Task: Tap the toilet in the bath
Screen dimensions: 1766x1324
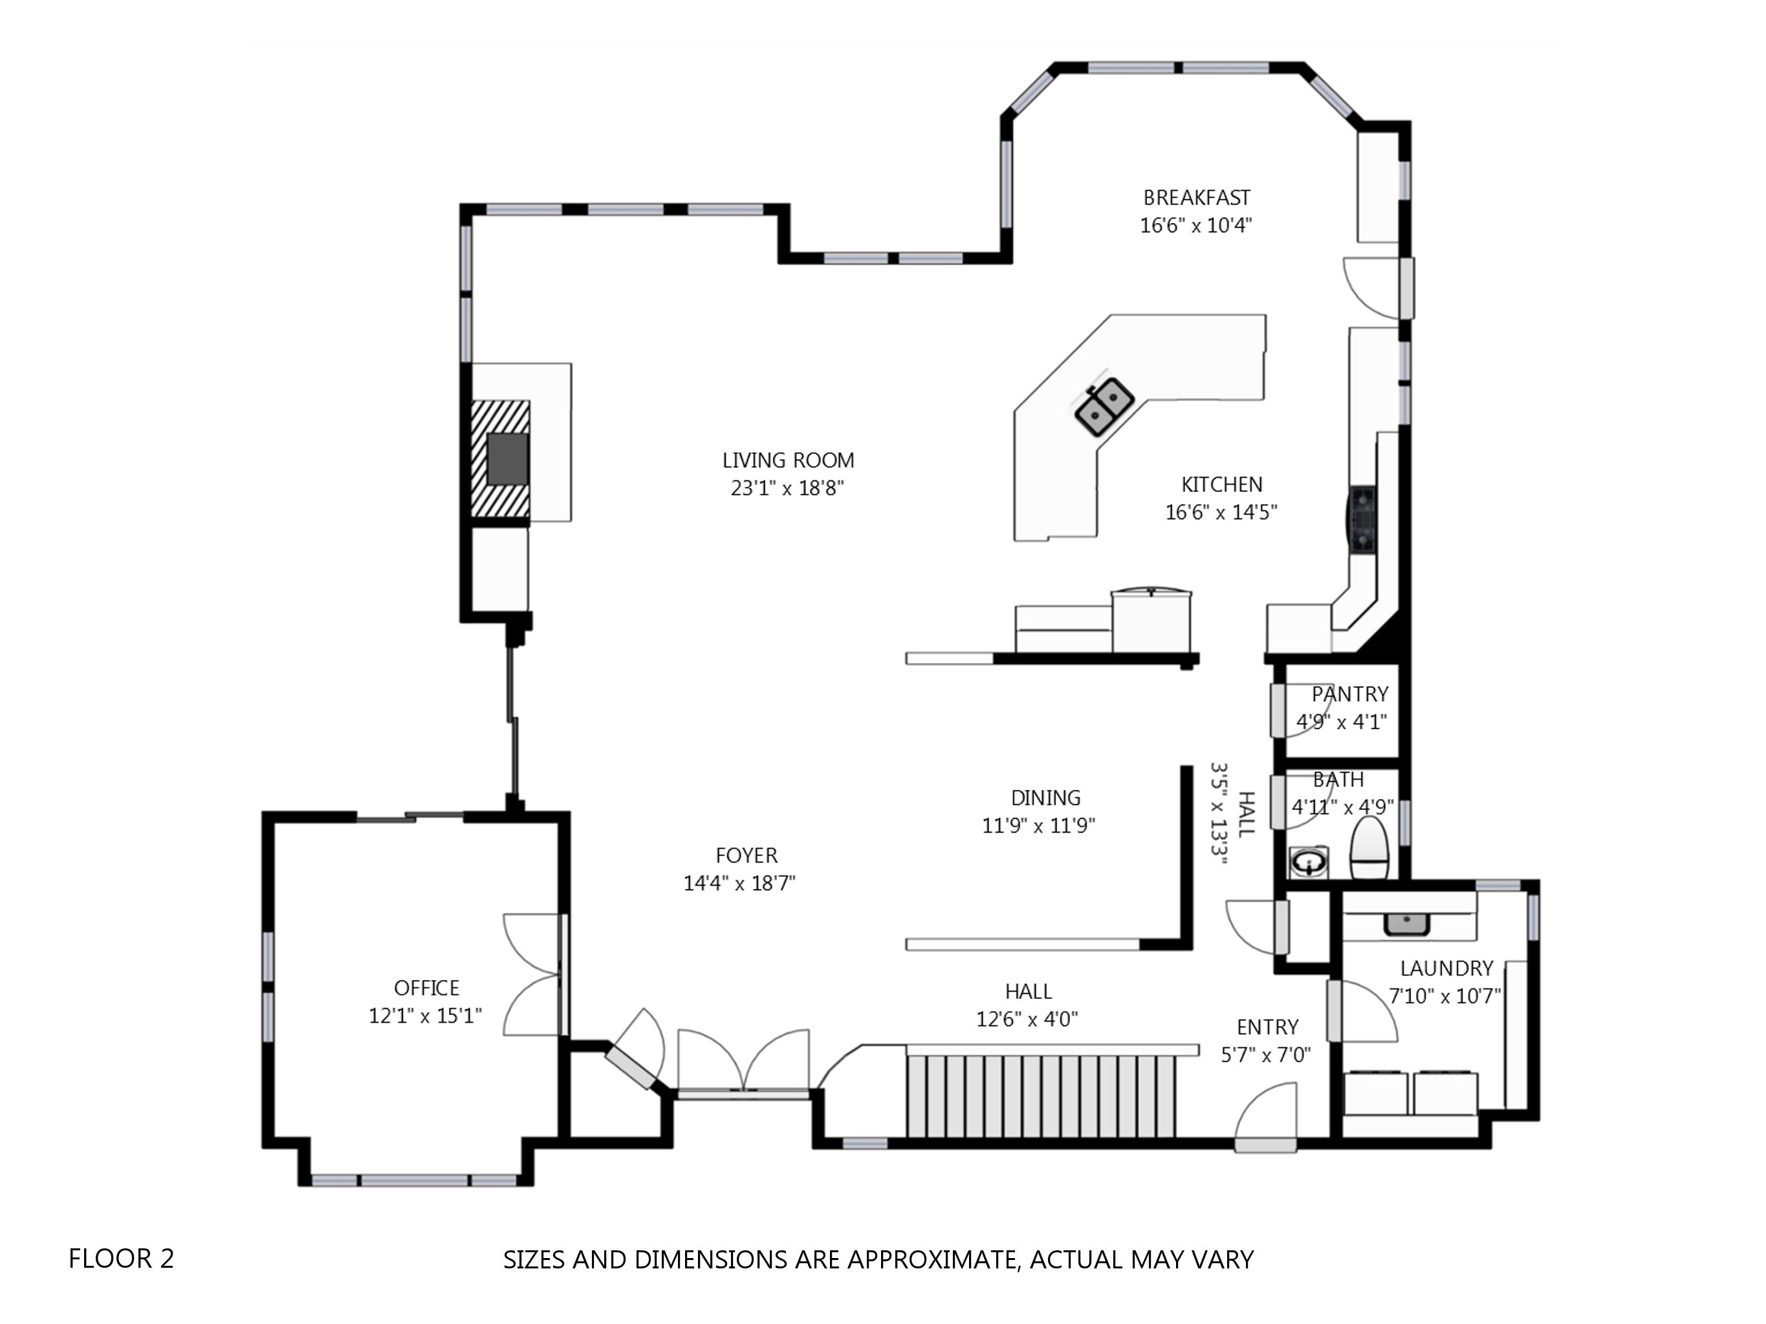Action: [1370, 848]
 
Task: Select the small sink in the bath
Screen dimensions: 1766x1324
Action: [1309, 862]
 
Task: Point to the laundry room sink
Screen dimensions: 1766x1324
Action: [1407, 924]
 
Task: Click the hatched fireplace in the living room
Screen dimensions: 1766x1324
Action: [501, 459]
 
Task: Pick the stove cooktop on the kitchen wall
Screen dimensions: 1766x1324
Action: [1362, 518]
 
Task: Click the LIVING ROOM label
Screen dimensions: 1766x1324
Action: [788, 460]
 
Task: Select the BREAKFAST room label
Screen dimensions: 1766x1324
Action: [1197, 198]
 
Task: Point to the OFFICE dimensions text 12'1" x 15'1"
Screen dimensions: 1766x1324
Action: [426, 1016]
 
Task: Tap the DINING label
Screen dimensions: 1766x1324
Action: [1046, 798]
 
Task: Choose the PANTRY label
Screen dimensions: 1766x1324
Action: [1350, 694]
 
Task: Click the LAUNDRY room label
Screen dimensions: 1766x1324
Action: [1446, 969]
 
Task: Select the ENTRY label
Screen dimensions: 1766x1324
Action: [1268, 1027]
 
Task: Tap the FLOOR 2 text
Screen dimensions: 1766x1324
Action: [122, 1259]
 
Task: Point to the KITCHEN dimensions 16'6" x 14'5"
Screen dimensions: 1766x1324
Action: [1221, 513]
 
